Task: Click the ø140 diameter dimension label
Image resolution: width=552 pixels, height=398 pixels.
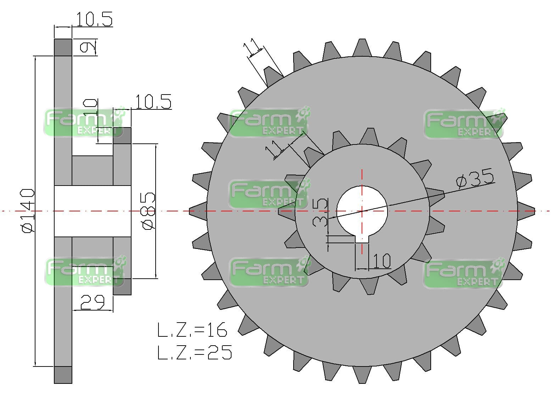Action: (x=28, y=211)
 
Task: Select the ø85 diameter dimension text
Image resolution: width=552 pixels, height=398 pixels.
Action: (x=149, y=211)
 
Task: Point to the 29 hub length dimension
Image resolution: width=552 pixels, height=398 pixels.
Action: (x=92, y=302)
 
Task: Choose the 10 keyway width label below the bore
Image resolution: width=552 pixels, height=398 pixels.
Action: (x=381, y=261)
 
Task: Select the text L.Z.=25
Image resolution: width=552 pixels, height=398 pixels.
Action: (x=195, y=352)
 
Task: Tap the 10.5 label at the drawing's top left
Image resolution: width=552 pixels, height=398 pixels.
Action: (x=94, y=19)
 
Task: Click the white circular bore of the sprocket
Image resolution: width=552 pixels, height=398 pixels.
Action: (x=362, y=209)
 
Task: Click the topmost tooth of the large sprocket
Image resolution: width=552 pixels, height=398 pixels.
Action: (x=362, y=47)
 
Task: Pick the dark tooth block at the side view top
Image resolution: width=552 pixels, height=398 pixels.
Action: (x=63, y=47)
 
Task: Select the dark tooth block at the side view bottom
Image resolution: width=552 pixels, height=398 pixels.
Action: (x=63, y=375)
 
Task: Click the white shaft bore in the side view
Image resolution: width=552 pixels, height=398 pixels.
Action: (x=92, y=211)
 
